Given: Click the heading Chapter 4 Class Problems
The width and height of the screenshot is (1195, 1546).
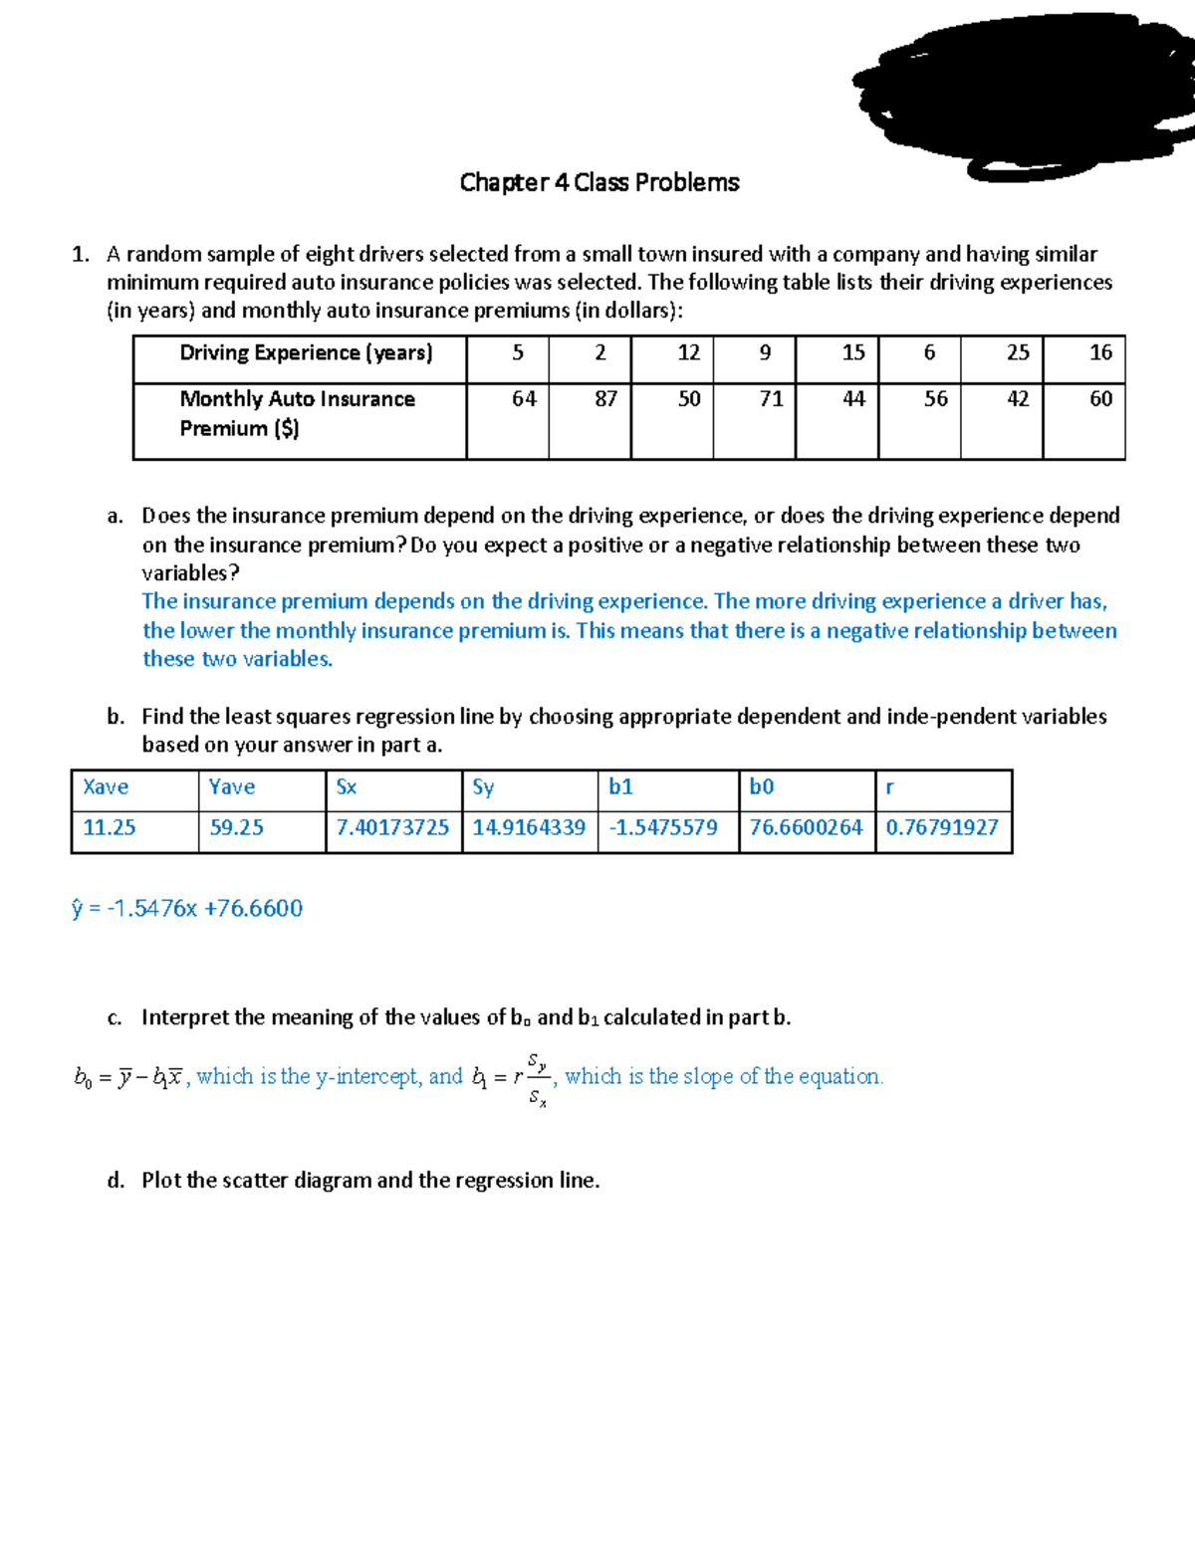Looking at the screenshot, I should pyautogui.click(x=598, y=182).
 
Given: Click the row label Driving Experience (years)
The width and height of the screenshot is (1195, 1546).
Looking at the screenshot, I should pyautogui.click(x=306, y=353).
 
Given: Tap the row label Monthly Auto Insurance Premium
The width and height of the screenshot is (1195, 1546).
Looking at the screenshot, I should pyautogui.click(x=297, y=413).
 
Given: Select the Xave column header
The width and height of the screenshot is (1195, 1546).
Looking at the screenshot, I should pyautogui.click(x=106, y=787).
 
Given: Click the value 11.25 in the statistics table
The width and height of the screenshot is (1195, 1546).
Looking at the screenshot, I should pyautogui.click(x=110, y=828).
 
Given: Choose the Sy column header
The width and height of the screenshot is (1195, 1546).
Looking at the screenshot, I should pyautogui.click(x=483, y=787).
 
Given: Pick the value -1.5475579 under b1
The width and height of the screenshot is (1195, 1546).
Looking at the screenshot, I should pyautogui.click(x=663, y=828).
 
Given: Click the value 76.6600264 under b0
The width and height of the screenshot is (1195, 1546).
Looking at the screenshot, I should pyautogui.click(x=806, y=828).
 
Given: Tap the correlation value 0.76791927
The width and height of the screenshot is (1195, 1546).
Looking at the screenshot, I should pyautogui.click(x=941, y=828).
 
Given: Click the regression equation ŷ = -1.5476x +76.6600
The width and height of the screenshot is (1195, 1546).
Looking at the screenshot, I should pyautogui.click(x=187, y=908).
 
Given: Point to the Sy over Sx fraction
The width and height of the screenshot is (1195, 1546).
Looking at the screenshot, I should pyautogui.click(x=537, y=1079).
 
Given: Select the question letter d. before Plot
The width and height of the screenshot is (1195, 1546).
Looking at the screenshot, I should pyautogui.click(x=116, y=1181).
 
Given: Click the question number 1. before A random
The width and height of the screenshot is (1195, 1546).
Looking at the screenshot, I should pyautogui.click(x=81, y=255).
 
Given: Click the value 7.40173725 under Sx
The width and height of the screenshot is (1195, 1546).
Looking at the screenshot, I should pyautogui.click(x=392, y=828).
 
